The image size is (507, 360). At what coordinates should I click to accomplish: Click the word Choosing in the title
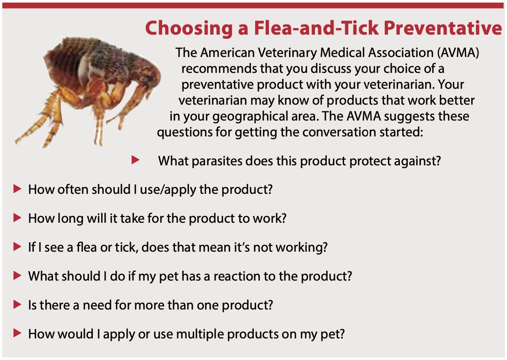point(189,29)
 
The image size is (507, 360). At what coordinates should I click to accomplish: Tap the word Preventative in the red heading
point(443,28)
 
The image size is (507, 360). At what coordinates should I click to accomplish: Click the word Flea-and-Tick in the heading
point(316,28)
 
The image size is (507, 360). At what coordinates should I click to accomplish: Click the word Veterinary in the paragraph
point(287,53)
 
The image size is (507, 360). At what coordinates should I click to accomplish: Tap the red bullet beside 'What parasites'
point(135,160)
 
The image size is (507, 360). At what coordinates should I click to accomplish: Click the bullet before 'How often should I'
point(17,189)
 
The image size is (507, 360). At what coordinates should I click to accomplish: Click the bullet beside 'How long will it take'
point(17,218)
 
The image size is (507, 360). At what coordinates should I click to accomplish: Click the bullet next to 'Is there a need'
point(17,305)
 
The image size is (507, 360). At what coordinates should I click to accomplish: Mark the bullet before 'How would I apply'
point(17,333)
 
